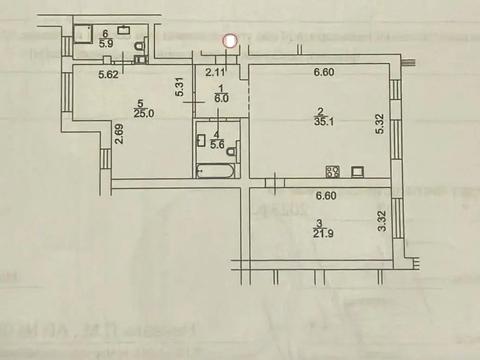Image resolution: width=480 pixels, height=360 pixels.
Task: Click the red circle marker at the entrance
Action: click(x=230, y=41)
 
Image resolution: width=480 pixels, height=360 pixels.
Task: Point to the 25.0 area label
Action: click(x=145, y=112)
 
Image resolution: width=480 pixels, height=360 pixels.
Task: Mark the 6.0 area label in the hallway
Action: click(x=222, y=99)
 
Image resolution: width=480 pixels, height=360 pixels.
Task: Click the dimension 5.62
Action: click(x=110, y=72)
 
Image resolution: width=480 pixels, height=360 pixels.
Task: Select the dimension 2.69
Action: click(x=119, y=132)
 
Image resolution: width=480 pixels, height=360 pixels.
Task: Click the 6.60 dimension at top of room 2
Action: click(x=322, y=71)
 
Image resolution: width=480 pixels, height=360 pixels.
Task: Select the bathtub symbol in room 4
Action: click(x=215, y=172)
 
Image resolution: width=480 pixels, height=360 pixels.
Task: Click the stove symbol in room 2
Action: click(x=333, y=171)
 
